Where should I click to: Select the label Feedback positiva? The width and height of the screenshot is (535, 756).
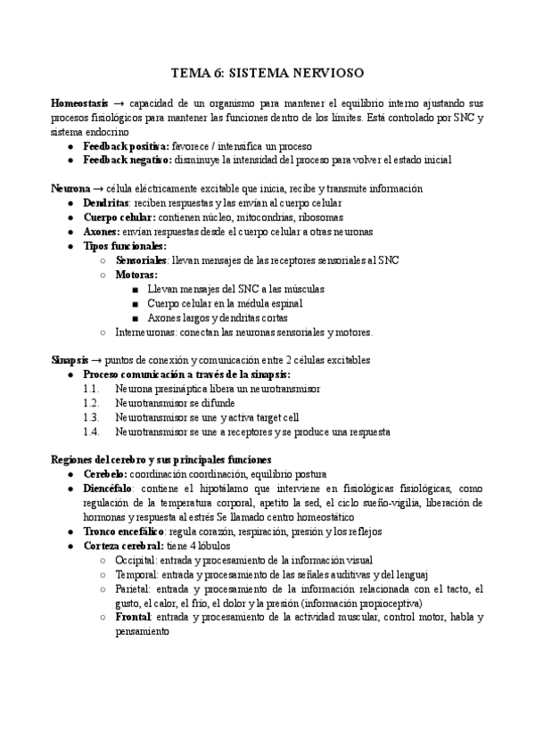point(126,145)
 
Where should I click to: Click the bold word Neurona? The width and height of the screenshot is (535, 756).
point(70,189)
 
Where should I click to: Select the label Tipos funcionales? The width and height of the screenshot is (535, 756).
point(125,246)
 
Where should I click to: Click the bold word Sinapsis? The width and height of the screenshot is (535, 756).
point(70,360)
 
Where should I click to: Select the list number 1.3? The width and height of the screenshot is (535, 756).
point(90,417)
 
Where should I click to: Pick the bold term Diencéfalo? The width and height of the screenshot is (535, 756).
point(109,489)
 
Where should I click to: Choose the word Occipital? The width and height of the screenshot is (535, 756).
point(136,560)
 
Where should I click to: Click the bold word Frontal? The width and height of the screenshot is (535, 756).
point(133,617)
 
